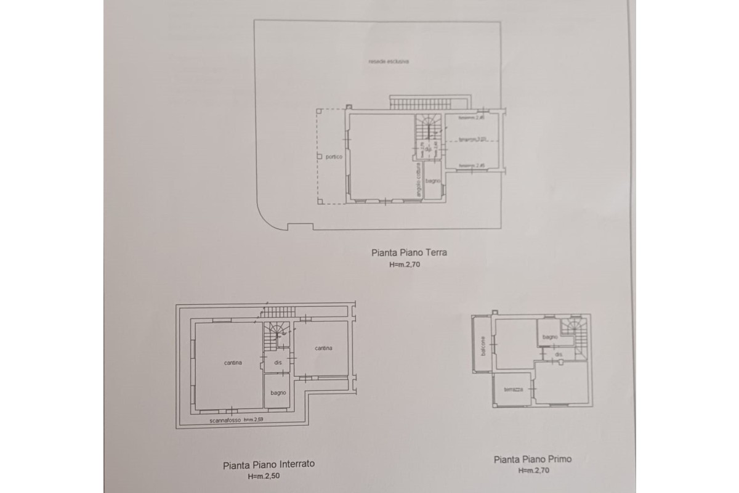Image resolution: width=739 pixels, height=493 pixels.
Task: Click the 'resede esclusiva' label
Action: click(389, 62)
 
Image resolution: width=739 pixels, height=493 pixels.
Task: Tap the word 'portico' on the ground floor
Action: click(326, 157)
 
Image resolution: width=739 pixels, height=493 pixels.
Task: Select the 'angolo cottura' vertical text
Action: click(418, 183)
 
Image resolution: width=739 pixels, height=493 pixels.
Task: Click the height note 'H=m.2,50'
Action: click(268, 476)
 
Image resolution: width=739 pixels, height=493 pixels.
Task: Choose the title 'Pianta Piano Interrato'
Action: click(268, 465)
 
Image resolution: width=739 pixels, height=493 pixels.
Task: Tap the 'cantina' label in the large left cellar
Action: click(233, 362)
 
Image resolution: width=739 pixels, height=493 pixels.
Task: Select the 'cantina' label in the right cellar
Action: click(323, 348)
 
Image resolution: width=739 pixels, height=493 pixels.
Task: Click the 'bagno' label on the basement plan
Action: click(278, 393)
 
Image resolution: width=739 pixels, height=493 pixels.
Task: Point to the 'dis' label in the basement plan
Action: click(278, 362)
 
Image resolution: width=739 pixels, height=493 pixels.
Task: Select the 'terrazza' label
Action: click(513, 389)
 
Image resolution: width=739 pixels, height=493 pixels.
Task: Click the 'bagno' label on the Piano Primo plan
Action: click(550, 337)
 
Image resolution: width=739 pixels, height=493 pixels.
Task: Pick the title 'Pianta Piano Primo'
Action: click(533, 459)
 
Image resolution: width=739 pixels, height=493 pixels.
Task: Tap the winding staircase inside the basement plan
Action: click(276, 335)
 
